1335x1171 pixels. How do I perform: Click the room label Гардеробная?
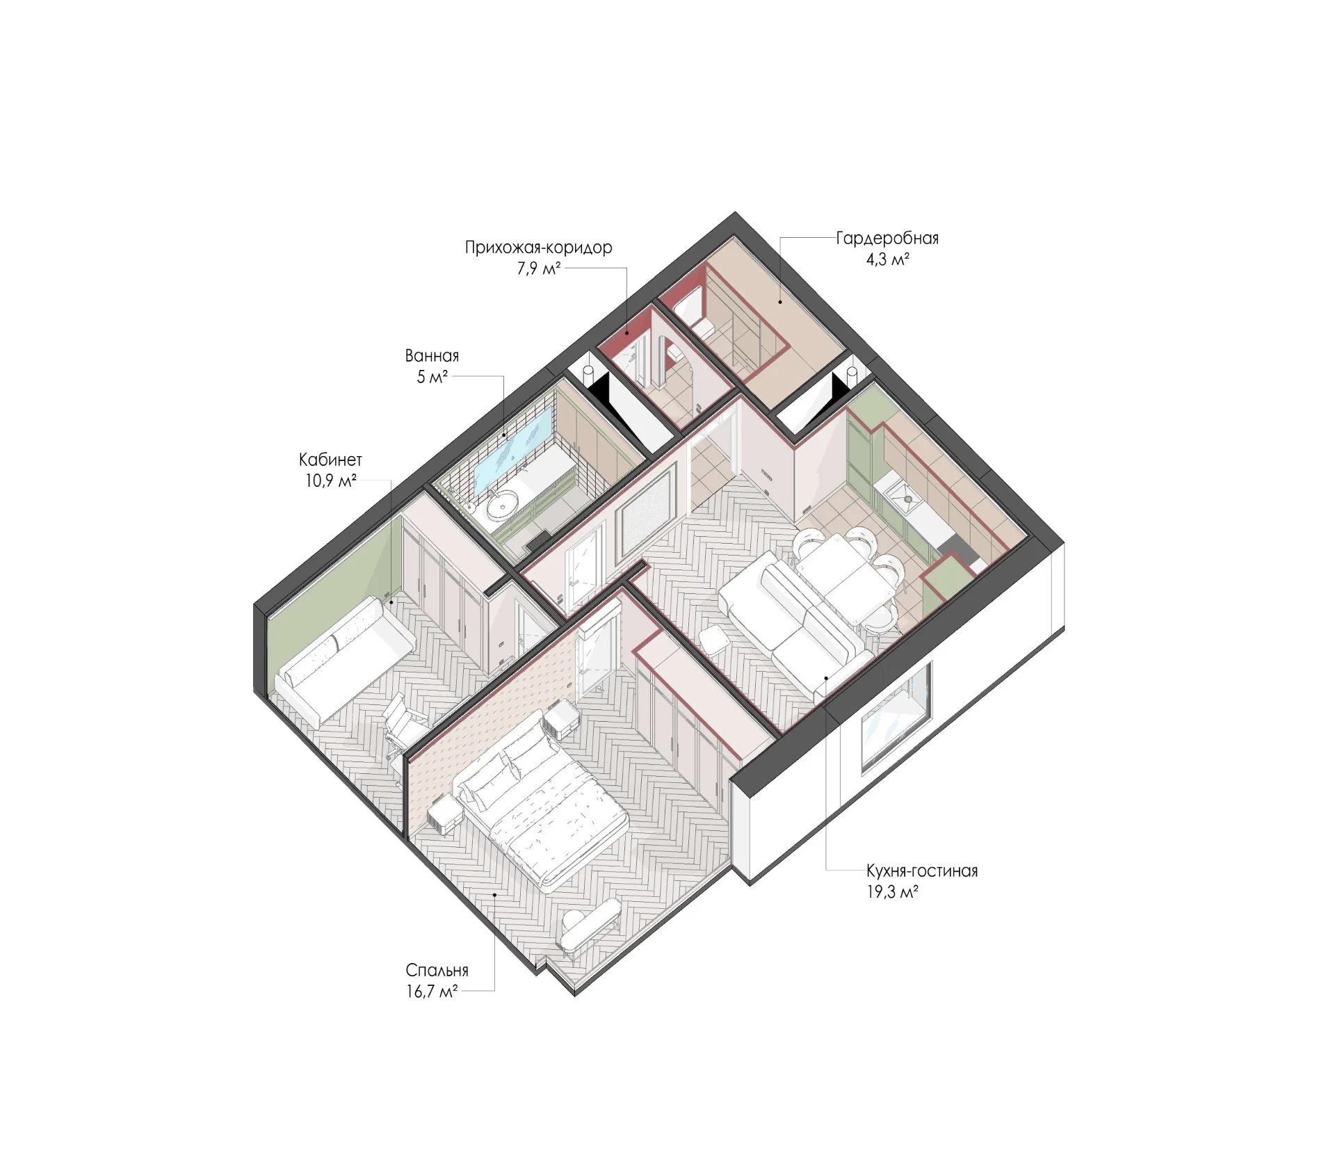[887, 239]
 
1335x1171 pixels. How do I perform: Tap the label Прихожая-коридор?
[539, 248]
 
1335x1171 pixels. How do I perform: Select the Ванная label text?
[432, 356]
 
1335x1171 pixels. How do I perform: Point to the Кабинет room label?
[330, 460]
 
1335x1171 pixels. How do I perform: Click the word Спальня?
[437, 970]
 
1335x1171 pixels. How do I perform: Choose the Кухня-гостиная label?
[922, 871]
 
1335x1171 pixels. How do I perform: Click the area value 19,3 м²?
[892, 892]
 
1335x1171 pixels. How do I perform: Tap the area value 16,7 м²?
[432, 992]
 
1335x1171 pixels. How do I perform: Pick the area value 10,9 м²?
[331, 480]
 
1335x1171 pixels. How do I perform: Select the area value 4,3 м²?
[888, 260]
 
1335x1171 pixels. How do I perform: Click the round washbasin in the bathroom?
[501, 506]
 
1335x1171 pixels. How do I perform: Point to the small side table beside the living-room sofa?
[713, 639]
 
